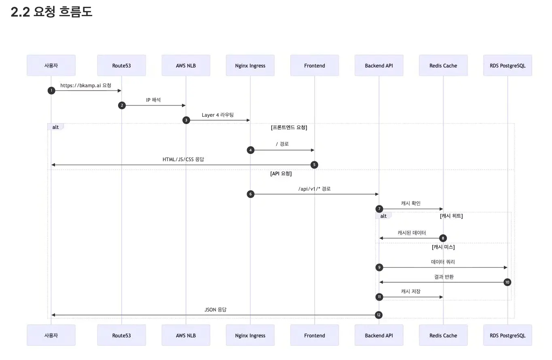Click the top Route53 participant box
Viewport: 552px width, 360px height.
click(121, 65)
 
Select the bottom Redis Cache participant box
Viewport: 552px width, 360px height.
click(443, 335)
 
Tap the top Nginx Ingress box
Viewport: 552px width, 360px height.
click(250, 65)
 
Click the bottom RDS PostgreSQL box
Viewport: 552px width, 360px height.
click(508, 335)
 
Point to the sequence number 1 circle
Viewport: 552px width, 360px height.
click(51, 91)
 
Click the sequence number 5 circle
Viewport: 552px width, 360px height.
click(314, 165)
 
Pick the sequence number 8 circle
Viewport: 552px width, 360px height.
click(443, 238)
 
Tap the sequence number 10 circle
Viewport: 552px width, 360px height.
click(508, 282)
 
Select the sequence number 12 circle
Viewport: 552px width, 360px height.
click(379, 315)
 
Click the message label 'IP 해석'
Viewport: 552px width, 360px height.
click(153, 100)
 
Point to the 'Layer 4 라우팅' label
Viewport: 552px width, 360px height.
click(218, 115)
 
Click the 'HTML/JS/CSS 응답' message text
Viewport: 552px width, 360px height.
click(183, 159)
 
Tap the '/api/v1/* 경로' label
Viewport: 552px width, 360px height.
click(314, 189)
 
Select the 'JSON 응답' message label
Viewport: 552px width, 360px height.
click(215, 309)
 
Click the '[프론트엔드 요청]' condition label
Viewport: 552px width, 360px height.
click(289, 128)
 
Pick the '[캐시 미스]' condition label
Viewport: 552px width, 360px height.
click(443, 247)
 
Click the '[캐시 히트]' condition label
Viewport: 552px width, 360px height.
click(451, 216)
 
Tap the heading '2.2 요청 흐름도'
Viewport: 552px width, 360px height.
click(51, 12)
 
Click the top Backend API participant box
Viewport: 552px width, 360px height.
click(379, 65)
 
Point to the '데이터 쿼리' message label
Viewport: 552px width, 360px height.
click(443, 262)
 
